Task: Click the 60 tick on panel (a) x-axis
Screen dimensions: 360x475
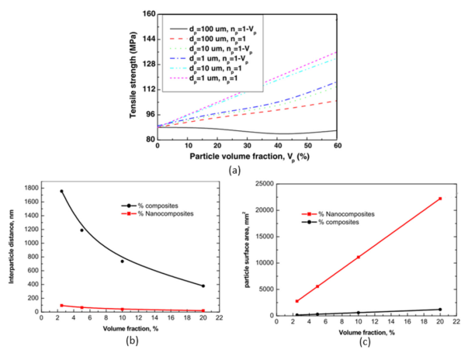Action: pyautogui.click(x=336, y=147)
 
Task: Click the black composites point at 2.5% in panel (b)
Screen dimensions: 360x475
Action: pyautogui.click(x=61, y=191)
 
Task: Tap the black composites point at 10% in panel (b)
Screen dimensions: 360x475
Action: pyautogui.click(x=122, y=261)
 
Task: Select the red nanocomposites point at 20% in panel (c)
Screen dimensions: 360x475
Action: pyautogui.click(x=440, y=199)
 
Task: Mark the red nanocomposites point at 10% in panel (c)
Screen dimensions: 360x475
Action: pyautogui.click(x=358, y=257)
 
